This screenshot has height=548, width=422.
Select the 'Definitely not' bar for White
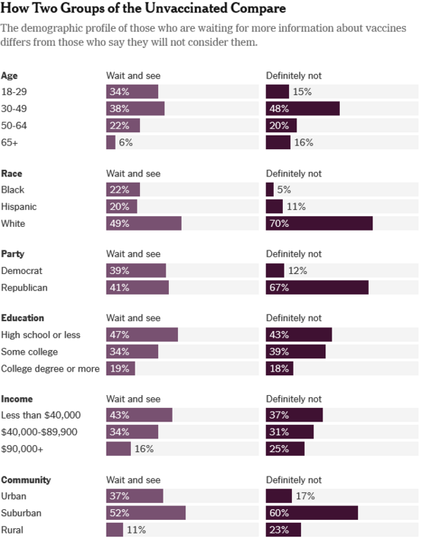click(319, 223)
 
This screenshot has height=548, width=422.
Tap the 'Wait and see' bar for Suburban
click(145, 513)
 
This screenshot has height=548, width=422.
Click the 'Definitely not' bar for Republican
click(317, 287)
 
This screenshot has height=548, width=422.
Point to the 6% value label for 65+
click(125, 142)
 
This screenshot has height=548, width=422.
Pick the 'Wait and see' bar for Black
click(122, 190)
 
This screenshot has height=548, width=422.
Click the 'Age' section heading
click(9, 75)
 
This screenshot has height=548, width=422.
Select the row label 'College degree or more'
click(50, 368)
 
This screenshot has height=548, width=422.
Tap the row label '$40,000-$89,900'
click(40, 432)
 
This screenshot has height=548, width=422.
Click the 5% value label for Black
click(284, 190)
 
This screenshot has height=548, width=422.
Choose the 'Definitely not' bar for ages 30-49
click(303, 109)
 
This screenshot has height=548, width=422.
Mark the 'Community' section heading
click(26, 479)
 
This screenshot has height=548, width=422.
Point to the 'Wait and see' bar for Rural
click(114, 530)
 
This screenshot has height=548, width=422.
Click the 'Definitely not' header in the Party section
click(293, 253)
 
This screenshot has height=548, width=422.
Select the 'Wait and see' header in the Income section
click(133, 399)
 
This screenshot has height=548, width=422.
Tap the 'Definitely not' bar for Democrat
click(274, 270)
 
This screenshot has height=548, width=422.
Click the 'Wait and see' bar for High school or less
click(141, 335)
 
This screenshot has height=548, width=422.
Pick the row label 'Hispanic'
click(19, 206)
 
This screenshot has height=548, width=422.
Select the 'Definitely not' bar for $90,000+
click(285, 449)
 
